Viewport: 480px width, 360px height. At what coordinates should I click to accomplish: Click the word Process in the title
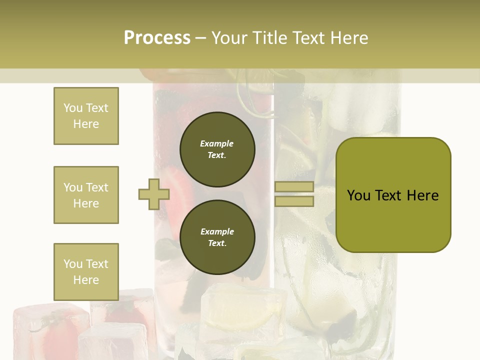tap(157, 38)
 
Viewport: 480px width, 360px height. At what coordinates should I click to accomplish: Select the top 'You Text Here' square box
tap(86, 116)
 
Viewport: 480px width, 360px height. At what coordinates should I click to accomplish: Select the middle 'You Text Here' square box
tap(86, 195)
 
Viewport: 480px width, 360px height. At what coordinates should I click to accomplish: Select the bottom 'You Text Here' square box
tap(86, 272)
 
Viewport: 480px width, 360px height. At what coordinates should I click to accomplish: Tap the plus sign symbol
tap(154, 194)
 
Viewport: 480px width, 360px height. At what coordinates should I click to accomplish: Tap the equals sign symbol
tap(294, 194)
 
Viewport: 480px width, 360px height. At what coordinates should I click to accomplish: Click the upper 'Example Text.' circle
tap(217, 149)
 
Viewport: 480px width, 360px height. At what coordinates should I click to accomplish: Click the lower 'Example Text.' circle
tap(217, 237)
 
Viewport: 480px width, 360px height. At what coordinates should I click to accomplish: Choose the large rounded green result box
tap(393, 195)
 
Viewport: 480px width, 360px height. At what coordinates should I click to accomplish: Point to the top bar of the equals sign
tap(294, 187)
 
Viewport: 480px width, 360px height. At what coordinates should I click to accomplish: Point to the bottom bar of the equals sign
tap(294, 201)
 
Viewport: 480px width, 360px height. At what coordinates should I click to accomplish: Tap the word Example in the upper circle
tap(217, 144)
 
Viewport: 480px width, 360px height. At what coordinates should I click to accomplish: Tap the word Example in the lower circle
tap(217, 232)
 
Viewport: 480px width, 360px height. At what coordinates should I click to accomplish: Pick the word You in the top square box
tap(72, 108)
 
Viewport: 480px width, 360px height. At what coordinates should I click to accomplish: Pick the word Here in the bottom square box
tap(86, 280)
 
